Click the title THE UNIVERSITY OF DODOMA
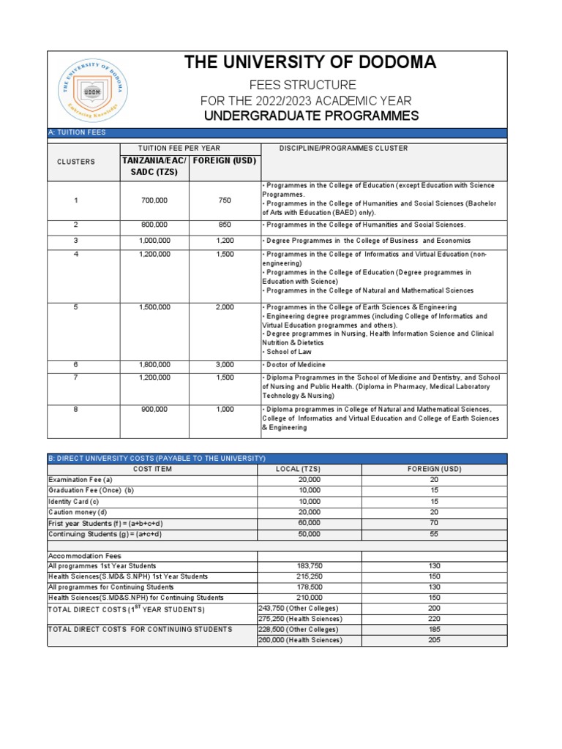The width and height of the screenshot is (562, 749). tap(310, 63)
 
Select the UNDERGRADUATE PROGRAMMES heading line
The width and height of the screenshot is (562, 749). tap(310, 116)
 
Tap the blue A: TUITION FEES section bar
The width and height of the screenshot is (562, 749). tap(277, 132)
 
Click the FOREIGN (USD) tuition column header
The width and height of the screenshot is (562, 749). tap(225, 161)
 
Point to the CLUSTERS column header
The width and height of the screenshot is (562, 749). tap(76, 162)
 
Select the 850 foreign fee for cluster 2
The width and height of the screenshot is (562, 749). tap(225, 225)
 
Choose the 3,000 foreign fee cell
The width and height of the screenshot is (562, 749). tap(225, 364)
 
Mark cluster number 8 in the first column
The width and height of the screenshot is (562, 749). tap(75, 410)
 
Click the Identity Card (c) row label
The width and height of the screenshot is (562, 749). tap(74, 501)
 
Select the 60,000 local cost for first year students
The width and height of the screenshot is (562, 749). tap(309, 523)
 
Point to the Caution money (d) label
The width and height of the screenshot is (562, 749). tap(77, 512)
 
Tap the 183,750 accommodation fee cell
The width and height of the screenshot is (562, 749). tap(309, 566)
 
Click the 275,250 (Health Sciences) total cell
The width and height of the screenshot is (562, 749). tap(299, 619)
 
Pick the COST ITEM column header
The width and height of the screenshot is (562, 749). tap(152, 469)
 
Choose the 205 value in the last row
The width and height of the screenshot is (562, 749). tap(434, 640)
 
